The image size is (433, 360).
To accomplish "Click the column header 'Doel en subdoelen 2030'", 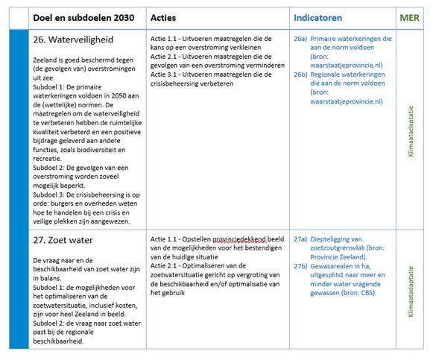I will (89, 17).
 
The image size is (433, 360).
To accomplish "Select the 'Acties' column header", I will (163, 17).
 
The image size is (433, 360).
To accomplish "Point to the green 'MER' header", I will (409, 17).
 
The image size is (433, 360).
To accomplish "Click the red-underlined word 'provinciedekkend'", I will (239, 239).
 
